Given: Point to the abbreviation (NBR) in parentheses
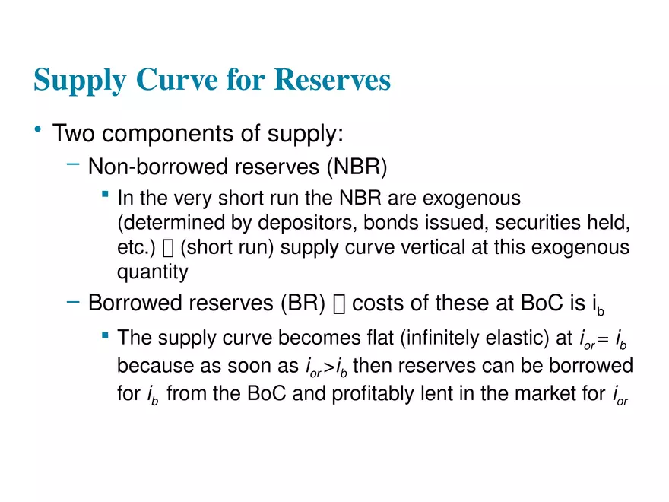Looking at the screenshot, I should (341, 165).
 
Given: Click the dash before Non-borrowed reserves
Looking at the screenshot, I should (72, 163).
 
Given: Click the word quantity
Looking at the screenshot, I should (152, 272).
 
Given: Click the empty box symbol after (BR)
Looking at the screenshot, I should (339, 304).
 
